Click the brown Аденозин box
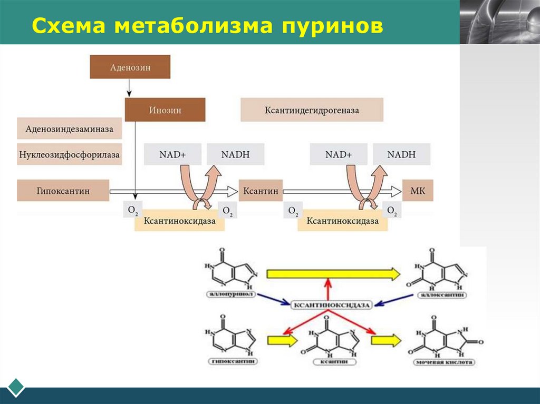tap(130, 67)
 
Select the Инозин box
tap(165, 110)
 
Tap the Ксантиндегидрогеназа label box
tap(312, 110)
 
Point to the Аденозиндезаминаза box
tap(69, 128)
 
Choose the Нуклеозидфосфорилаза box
tap(69, 155)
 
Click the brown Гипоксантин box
tap(63, 191)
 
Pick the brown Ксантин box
tap(261, 191)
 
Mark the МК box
tap(418, 191)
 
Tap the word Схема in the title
tap(69, 26)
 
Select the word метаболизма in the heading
tap(192, 26)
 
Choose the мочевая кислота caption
tap(444, 362)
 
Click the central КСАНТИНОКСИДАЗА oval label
tap(332, 304)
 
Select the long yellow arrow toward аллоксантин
tap(333, 273)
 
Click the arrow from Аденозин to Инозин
tap(129, 88)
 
